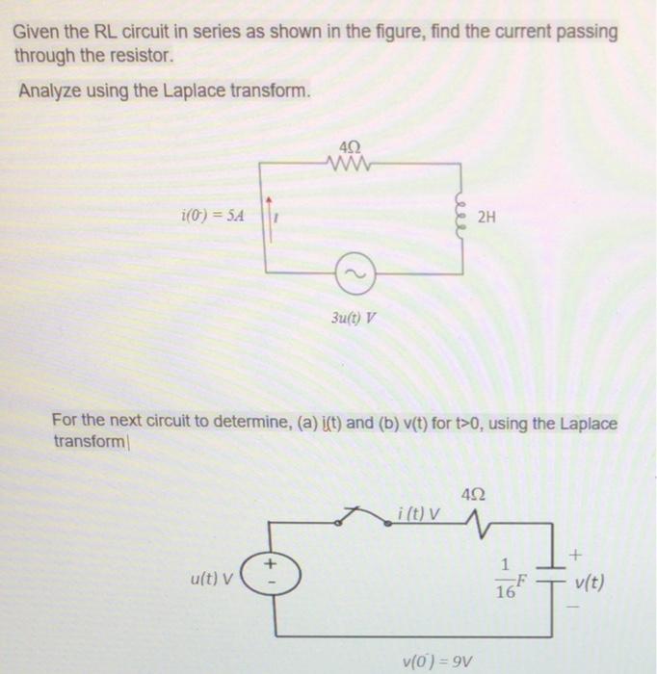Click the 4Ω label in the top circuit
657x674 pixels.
click(351, 146)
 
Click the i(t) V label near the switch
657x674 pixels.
click(418, 512)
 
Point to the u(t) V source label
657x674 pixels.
click(218, 579)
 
